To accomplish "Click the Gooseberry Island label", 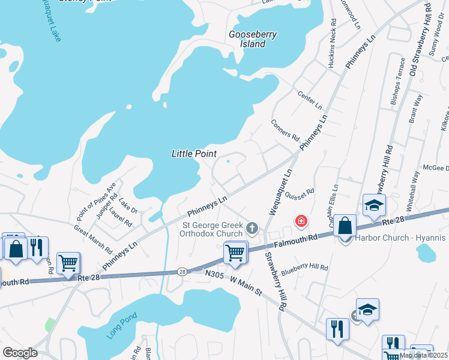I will click(253, 39).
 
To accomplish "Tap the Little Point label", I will click(194, 154).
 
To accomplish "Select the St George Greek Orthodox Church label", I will click(213, 230).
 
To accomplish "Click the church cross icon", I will click(252, 227).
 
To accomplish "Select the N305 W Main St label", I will click(234, 282).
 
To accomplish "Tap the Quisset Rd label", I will click(300, 193).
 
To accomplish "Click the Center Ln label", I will click(310, 100).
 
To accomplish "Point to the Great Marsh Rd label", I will click(93, 237).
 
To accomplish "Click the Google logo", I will click(20, 353).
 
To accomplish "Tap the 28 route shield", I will click(181, 272).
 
